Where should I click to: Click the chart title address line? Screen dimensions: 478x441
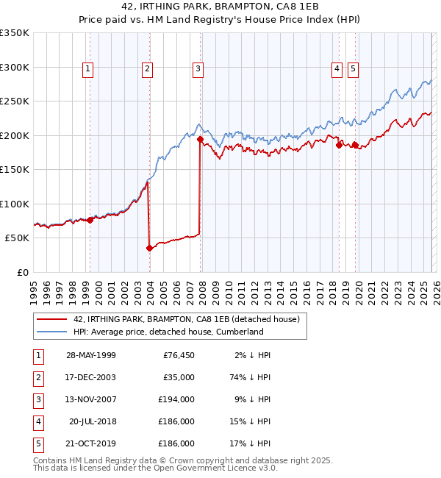click(220, 7)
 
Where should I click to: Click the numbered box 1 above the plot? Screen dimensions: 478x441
click(88, 69)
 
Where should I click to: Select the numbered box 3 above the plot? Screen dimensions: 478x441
click(198, 69)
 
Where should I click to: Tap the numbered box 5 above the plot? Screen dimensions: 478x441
click(354, 69)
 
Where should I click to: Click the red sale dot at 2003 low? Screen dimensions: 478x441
click(149, 248)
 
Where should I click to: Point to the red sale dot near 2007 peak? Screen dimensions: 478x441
click(200, 138)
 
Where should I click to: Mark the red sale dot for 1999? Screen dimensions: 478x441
click(90, 219)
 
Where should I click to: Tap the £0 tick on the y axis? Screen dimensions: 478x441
click(22, 272)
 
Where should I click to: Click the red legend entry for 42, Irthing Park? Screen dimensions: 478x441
click(186, 320)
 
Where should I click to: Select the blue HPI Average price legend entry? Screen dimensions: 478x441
click(168, 332)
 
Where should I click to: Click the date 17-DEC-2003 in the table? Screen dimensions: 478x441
click(90, 377)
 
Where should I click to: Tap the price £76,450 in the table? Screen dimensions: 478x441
click(176, 355)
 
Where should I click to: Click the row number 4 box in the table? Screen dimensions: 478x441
click(37, 421)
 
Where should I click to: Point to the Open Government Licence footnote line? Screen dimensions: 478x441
click(156, 468)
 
